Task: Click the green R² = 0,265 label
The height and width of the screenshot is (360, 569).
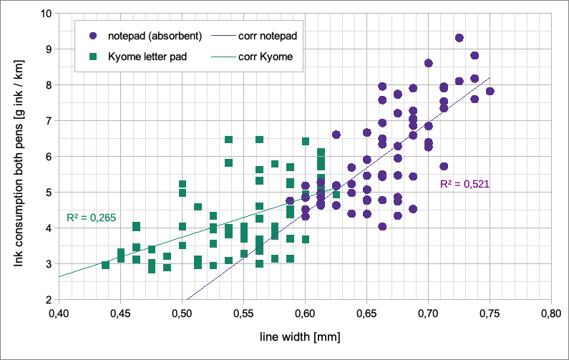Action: point(91,216)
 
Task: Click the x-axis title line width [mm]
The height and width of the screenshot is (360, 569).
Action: point(304,334)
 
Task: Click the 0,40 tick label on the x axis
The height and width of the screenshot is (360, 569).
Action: point(59,313)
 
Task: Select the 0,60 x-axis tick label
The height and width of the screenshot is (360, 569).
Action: point(305,313)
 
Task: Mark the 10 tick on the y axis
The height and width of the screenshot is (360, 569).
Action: point(45,14)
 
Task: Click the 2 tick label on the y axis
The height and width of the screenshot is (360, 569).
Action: point(48,300)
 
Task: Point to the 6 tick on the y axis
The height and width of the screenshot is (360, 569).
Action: point(48,157)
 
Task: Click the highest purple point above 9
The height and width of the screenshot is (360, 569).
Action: point(459,38)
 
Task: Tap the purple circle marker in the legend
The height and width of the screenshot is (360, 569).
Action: point(94,35)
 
